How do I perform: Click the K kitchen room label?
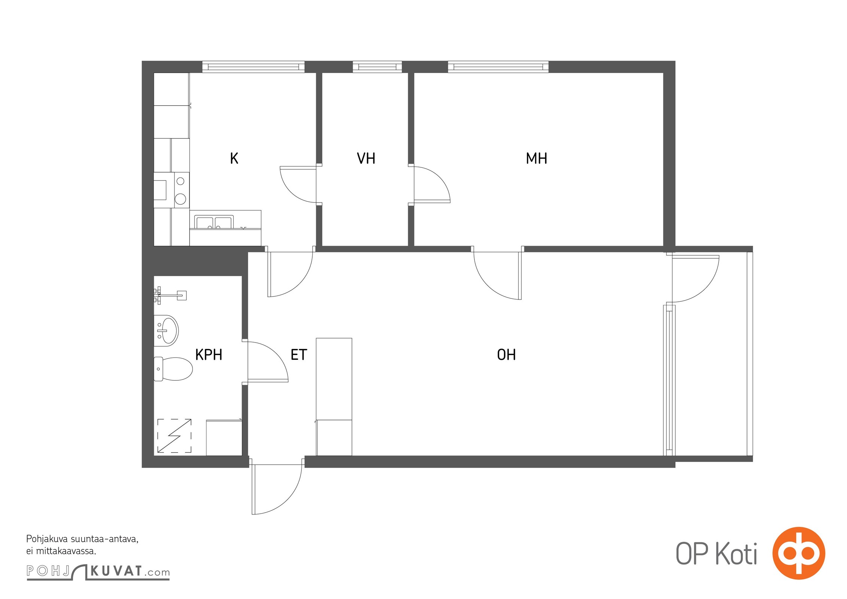coord(234,158)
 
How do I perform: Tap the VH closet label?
coord(366,158)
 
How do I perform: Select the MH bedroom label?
coord(536,158)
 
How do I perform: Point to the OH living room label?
coord(506,355)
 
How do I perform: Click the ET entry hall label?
coord(299,355)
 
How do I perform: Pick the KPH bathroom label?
coord(209,355)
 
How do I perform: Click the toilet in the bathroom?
coord(173,369)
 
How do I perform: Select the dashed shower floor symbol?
coord(174,436)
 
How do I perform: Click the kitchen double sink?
coord(214,222)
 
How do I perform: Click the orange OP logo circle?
coord(799,553)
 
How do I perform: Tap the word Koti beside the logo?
coord(737,553)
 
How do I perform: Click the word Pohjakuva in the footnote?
coord(47,539)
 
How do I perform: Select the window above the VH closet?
coord(377,67)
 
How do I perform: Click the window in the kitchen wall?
coord(254,67)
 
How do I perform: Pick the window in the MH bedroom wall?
coord(498,67)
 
